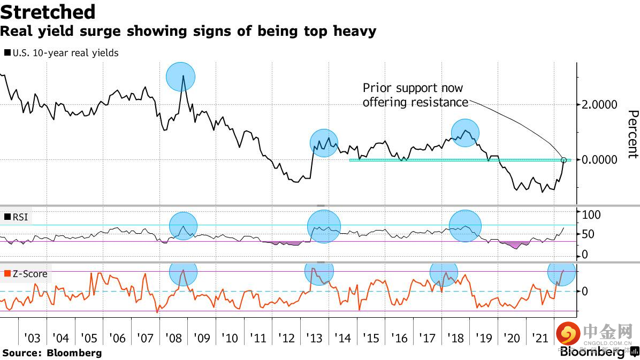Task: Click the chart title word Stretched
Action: [48, 12]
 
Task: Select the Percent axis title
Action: [633, 134]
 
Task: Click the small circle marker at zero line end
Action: [563, 160]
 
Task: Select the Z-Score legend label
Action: [30, 274]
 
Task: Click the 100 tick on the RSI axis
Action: [591, 215]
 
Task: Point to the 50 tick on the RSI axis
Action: [588, 234]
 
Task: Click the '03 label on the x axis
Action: [33, 338]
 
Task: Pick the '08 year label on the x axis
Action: [173, 338]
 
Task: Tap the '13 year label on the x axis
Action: [315, 338]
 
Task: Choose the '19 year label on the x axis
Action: [484, 338]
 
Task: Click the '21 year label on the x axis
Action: [540, 338]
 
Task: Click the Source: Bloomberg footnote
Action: [52, 353]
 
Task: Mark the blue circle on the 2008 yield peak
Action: [181, 76]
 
